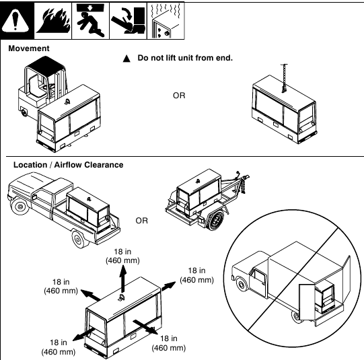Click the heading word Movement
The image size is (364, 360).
tap(28, 49)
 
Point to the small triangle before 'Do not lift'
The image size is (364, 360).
tap(124, 59)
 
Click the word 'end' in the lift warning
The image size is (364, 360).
tap(223, 58)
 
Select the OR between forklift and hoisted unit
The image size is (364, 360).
tap(179, 96)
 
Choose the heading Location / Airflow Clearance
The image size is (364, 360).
tap(68, 165)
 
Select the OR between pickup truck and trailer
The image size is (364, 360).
tap(142, 220)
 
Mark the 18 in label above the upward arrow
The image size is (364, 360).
tap(122, 251)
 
